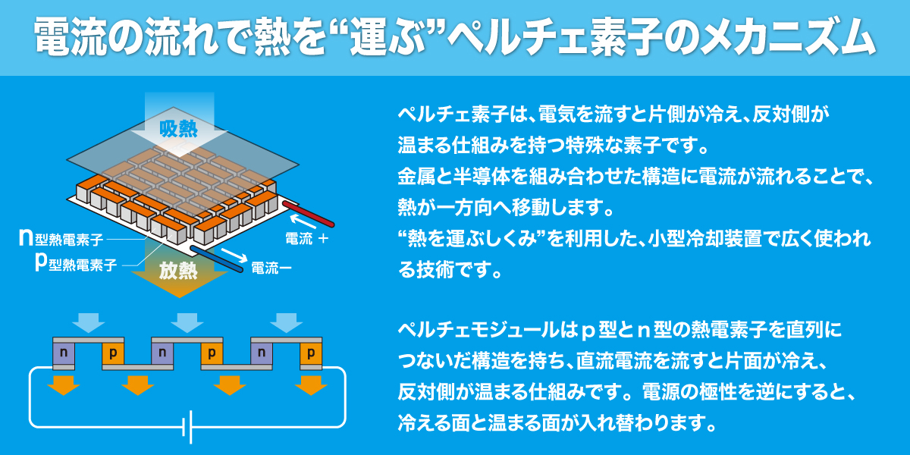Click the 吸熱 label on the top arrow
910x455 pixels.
click(178, 129)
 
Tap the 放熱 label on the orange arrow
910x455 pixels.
click(178, 271)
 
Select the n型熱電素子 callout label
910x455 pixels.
click(61, 238)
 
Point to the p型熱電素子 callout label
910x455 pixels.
click(76, 264)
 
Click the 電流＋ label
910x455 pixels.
click(306, 238)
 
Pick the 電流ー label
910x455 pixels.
click(271, 268)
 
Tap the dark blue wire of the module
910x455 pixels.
click(217, 259)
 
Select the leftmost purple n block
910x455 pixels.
click(64, 353)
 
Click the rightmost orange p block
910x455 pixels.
click(311, 353)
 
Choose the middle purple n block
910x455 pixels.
click(162, 353)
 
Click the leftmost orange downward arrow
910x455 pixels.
click(64, 385)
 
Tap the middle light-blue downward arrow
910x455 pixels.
click(187, 323)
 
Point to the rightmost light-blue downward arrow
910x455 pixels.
click(287, 323)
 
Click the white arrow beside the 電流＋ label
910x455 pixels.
click(303, 221)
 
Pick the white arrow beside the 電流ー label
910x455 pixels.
click(234, 255)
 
